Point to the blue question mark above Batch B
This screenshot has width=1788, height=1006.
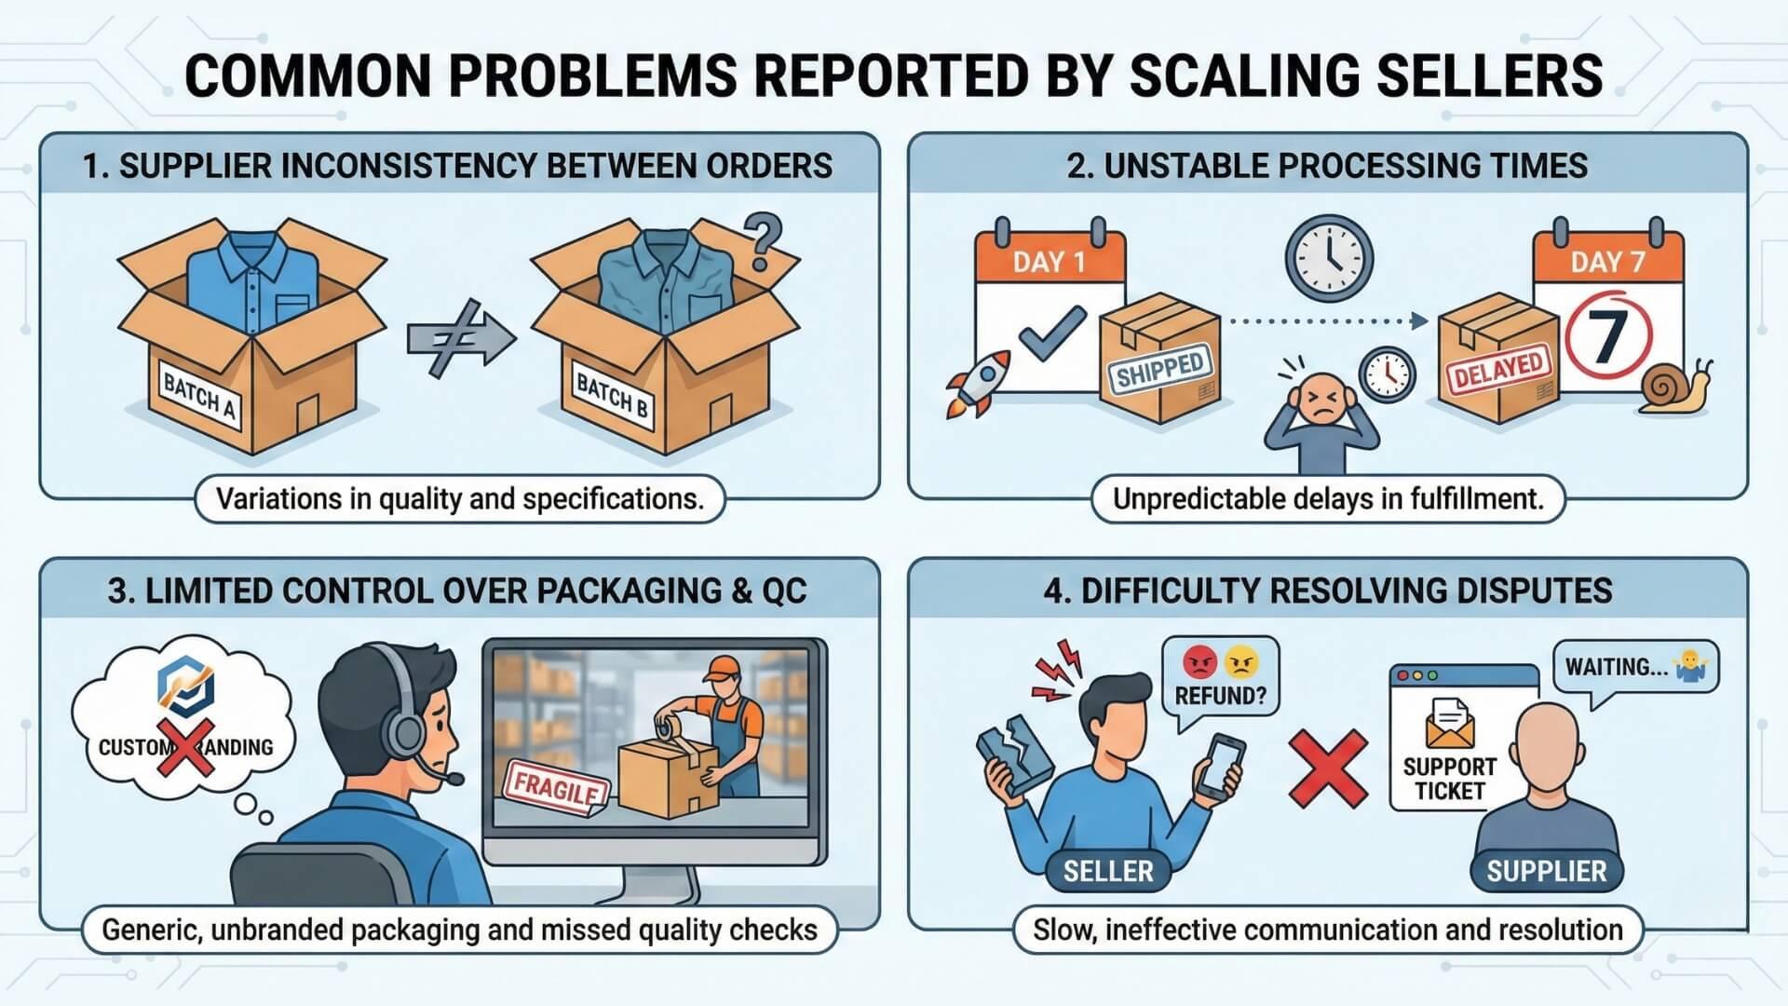click(764, 241)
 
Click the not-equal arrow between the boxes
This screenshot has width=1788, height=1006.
click(460, 337)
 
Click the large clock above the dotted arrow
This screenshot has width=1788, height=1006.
click(1329, 258)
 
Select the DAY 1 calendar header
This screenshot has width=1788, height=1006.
click(1050, 262)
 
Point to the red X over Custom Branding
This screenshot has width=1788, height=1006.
click(185, 747)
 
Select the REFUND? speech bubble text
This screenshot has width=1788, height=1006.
click(1220, 696)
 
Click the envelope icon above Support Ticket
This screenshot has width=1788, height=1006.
click(1449, 724)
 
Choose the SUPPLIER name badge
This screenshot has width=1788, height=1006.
click(1546, 871)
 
